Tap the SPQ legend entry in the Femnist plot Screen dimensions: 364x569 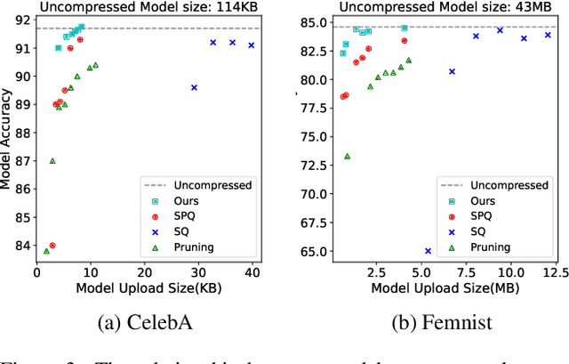(x=483, y=216)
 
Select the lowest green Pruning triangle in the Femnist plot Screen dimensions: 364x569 (x=347, y=156)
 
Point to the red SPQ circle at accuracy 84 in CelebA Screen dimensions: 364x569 (x=52, y=246)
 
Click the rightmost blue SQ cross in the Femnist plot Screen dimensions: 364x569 (x=548, y=35)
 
